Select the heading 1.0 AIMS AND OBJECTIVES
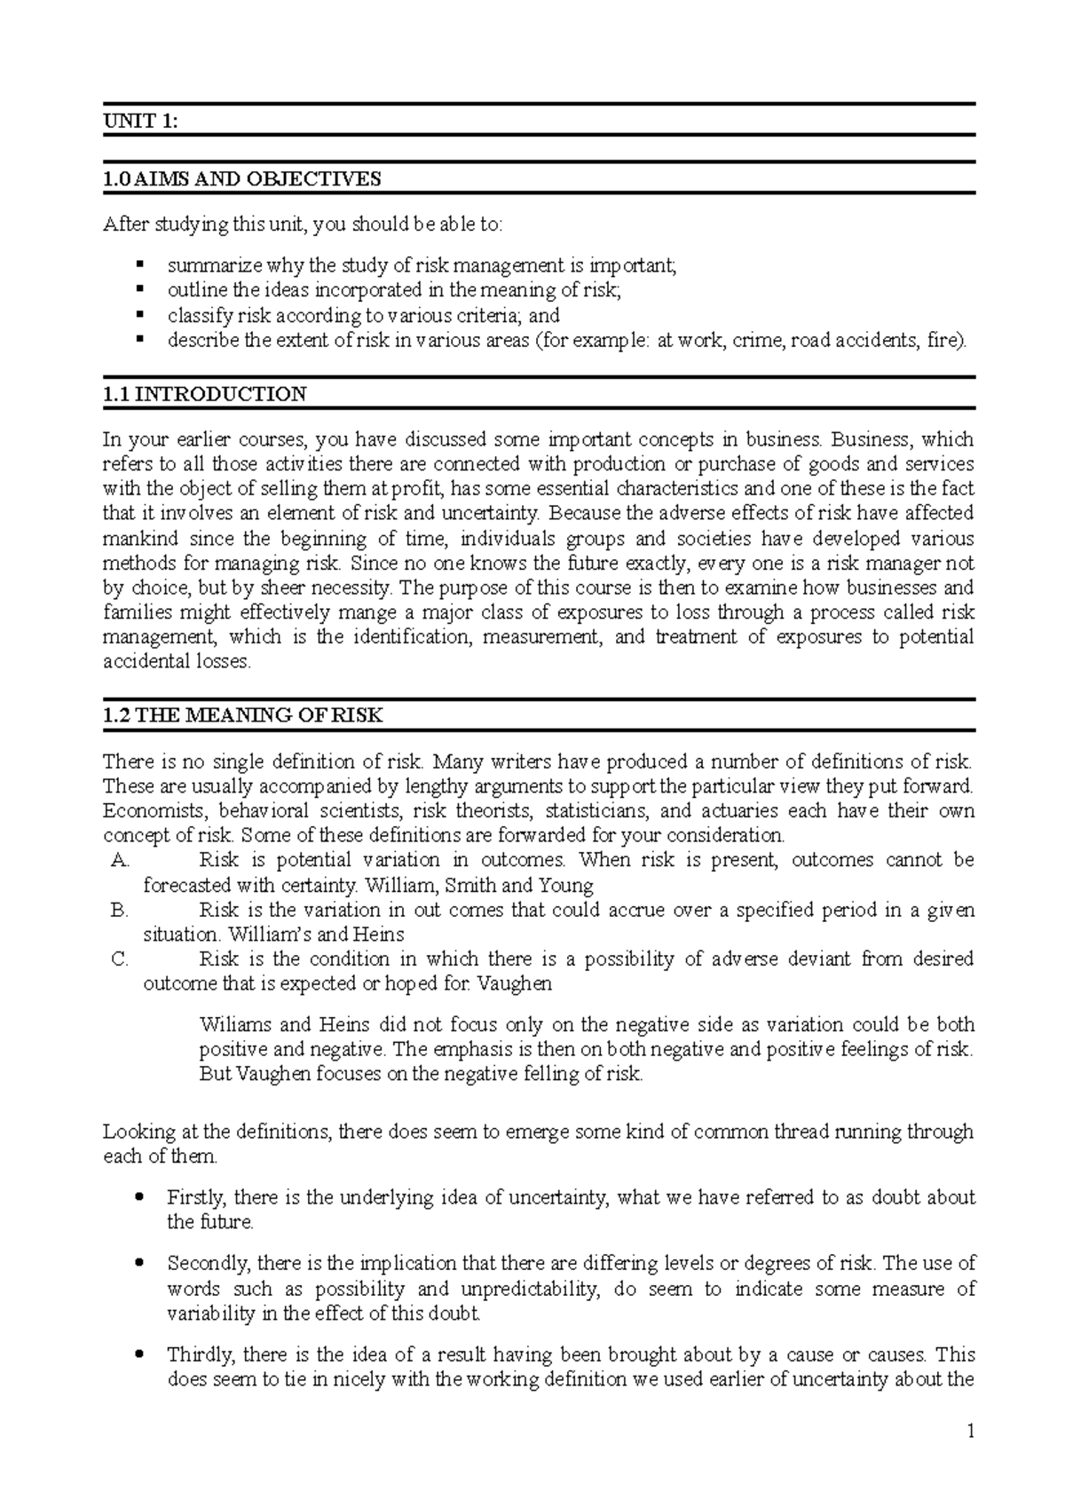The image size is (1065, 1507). (x=242, y=179)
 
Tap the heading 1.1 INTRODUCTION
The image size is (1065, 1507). (x=205, y=395)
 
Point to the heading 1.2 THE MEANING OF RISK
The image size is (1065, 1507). (x=243, y=716)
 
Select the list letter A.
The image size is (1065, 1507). (x=121, y=860)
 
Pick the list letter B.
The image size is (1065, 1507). (x=121, y=910)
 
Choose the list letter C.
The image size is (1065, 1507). (x=121, y=959)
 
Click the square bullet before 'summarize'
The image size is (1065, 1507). (x=139, y=264)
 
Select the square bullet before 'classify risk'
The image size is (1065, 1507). (x=139, y=314)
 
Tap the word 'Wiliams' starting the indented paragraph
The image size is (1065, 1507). (x=236, y=1025)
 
